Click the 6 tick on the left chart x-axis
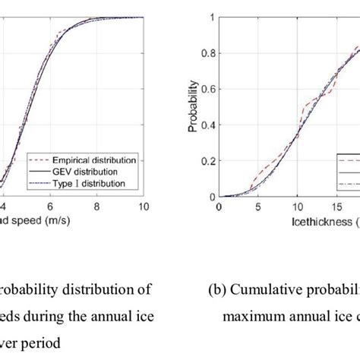[x=50, y=205]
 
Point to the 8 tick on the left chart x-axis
[x=97, y=205]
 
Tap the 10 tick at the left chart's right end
[x=144, y=205]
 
